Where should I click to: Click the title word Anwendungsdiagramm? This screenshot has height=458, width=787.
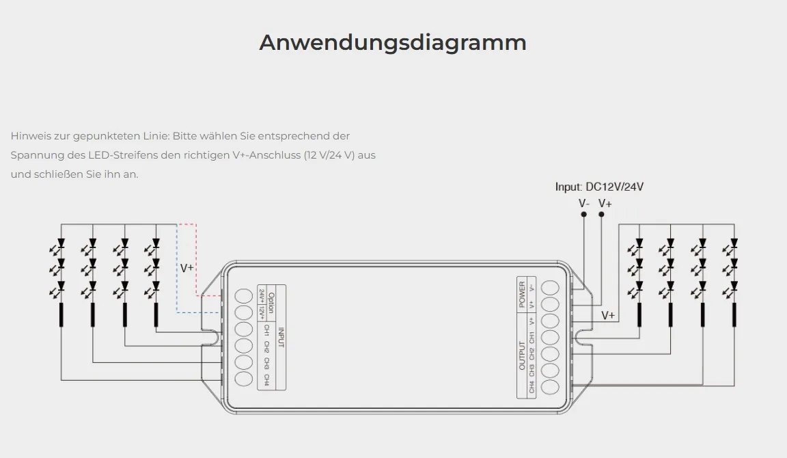[393, 42]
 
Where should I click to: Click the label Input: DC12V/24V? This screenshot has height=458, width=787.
[599, 187]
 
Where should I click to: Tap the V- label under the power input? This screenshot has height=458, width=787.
[584, 203]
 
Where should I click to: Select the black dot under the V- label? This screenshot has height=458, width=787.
[584, 215]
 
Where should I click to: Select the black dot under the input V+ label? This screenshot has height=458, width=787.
[602, 215]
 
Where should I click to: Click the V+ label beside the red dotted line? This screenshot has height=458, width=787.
[187, 268]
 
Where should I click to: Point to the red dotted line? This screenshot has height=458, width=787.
[196, 260]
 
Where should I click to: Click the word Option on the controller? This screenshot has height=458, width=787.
[271, 303]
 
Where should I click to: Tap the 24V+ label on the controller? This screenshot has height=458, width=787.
[262, 296]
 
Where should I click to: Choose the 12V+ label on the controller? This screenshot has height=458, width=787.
[262, 312]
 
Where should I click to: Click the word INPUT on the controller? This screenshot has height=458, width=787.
[280, 338]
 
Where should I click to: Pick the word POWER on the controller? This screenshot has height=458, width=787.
[523, 294]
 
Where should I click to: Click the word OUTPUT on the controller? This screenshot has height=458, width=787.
[523, 355]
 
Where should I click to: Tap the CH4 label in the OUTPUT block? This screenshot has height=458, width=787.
[532, 388]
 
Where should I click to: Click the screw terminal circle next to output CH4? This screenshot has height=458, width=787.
[550, 388]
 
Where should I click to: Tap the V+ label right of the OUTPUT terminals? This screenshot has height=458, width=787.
[608, 315]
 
